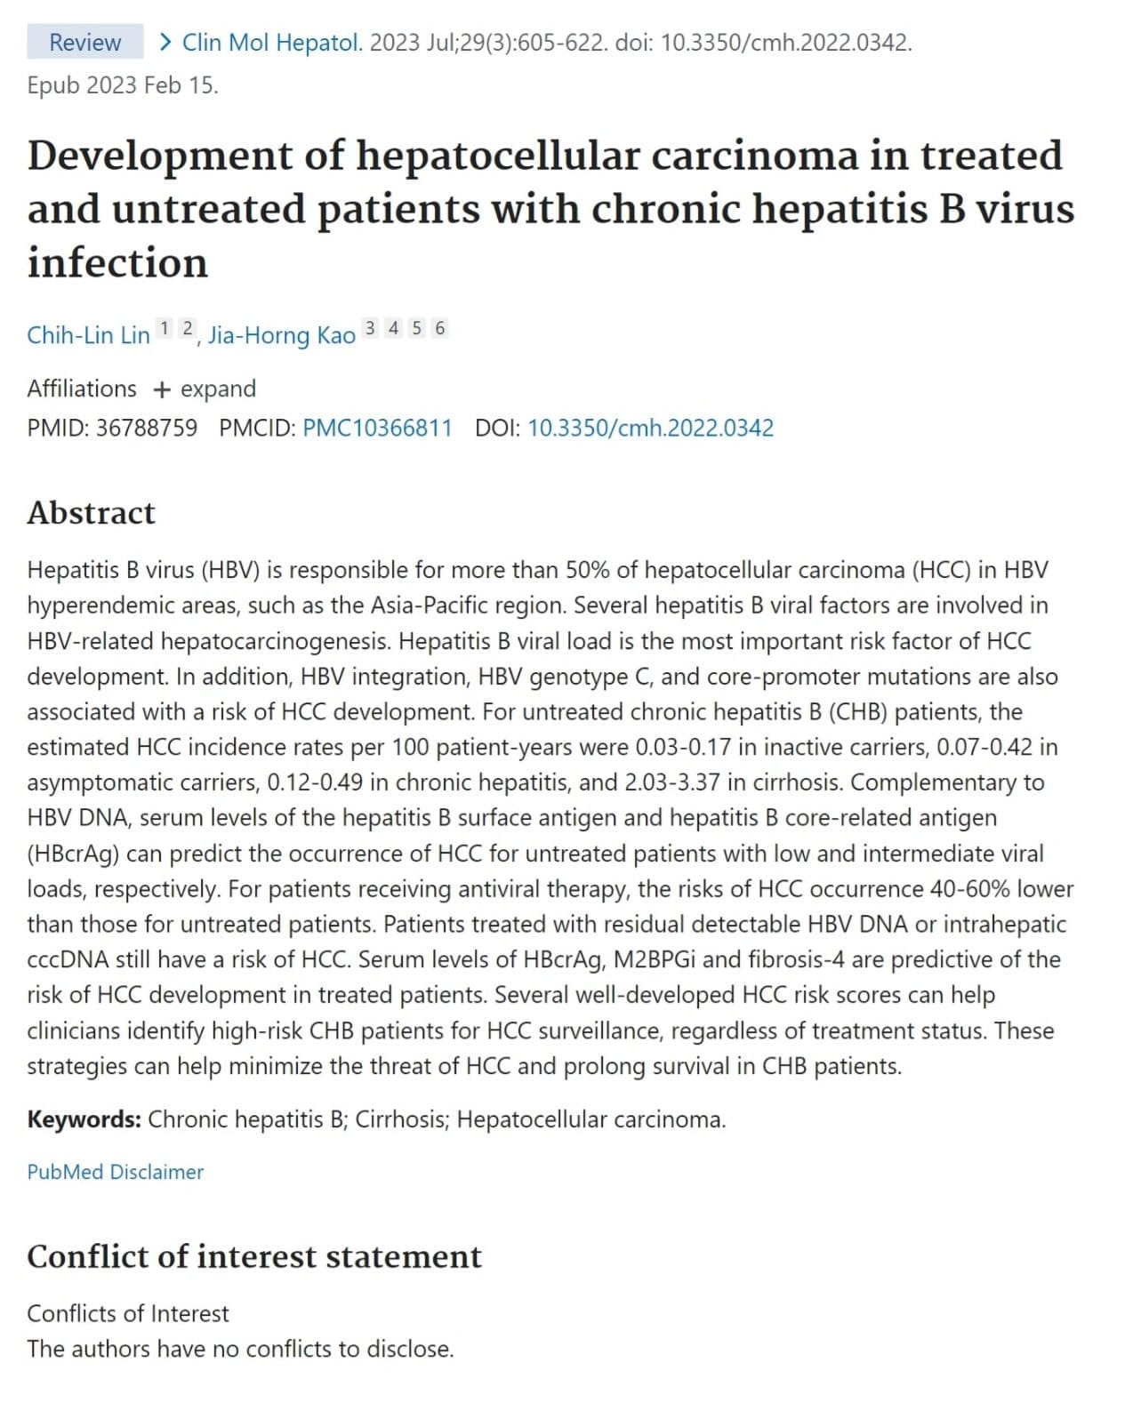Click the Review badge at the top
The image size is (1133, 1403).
click(84, 42)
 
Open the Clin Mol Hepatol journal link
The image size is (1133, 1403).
click(271, 42)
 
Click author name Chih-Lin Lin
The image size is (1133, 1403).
click(88, 335)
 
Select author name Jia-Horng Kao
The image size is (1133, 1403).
click(281, 335)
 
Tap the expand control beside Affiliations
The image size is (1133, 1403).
click(205, 389)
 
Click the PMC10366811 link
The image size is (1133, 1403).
click(377, 428)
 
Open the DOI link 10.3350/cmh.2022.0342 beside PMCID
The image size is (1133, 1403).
click(650, 428)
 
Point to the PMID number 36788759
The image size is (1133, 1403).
click(146, 428)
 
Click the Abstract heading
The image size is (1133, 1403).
click(91, 512)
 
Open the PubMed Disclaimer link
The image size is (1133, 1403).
click(115, 1172)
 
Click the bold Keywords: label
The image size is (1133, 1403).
click(84, 1118)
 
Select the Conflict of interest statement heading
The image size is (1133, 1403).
click(254, 1256)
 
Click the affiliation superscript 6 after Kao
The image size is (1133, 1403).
click(439, 328)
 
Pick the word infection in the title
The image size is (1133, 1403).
click(117, 262)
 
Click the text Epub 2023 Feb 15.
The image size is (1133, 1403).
click(122, 85)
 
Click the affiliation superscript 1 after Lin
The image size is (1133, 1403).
click(165, 328)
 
